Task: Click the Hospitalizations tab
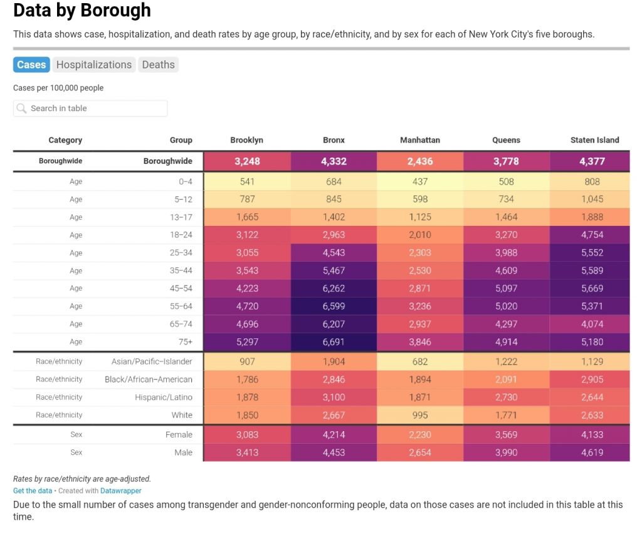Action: [94, 65]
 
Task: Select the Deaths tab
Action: [158, 65]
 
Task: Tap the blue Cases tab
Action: [31, 65]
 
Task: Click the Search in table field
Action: [90, 108]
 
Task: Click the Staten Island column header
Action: [594, 140]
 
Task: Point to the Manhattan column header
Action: [419, 140]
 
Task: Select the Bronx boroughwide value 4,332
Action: [334, 161]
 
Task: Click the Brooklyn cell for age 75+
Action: [247, 342]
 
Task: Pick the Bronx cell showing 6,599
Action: [334, 306]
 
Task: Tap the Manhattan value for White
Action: [420, 415]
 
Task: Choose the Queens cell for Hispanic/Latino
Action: [507, 397]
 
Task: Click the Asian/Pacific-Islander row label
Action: [152, 362]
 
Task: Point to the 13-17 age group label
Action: [181, 217]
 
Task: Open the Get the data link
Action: [33, 491]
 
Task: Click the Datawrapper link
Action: [121, 491]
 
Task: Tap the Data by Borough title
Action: [82, 10]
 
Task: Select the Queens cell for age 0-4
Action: [507, 181]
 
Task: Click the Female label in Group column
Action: [179, 434]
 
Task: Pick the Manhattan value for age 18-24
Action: [420, 235]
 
